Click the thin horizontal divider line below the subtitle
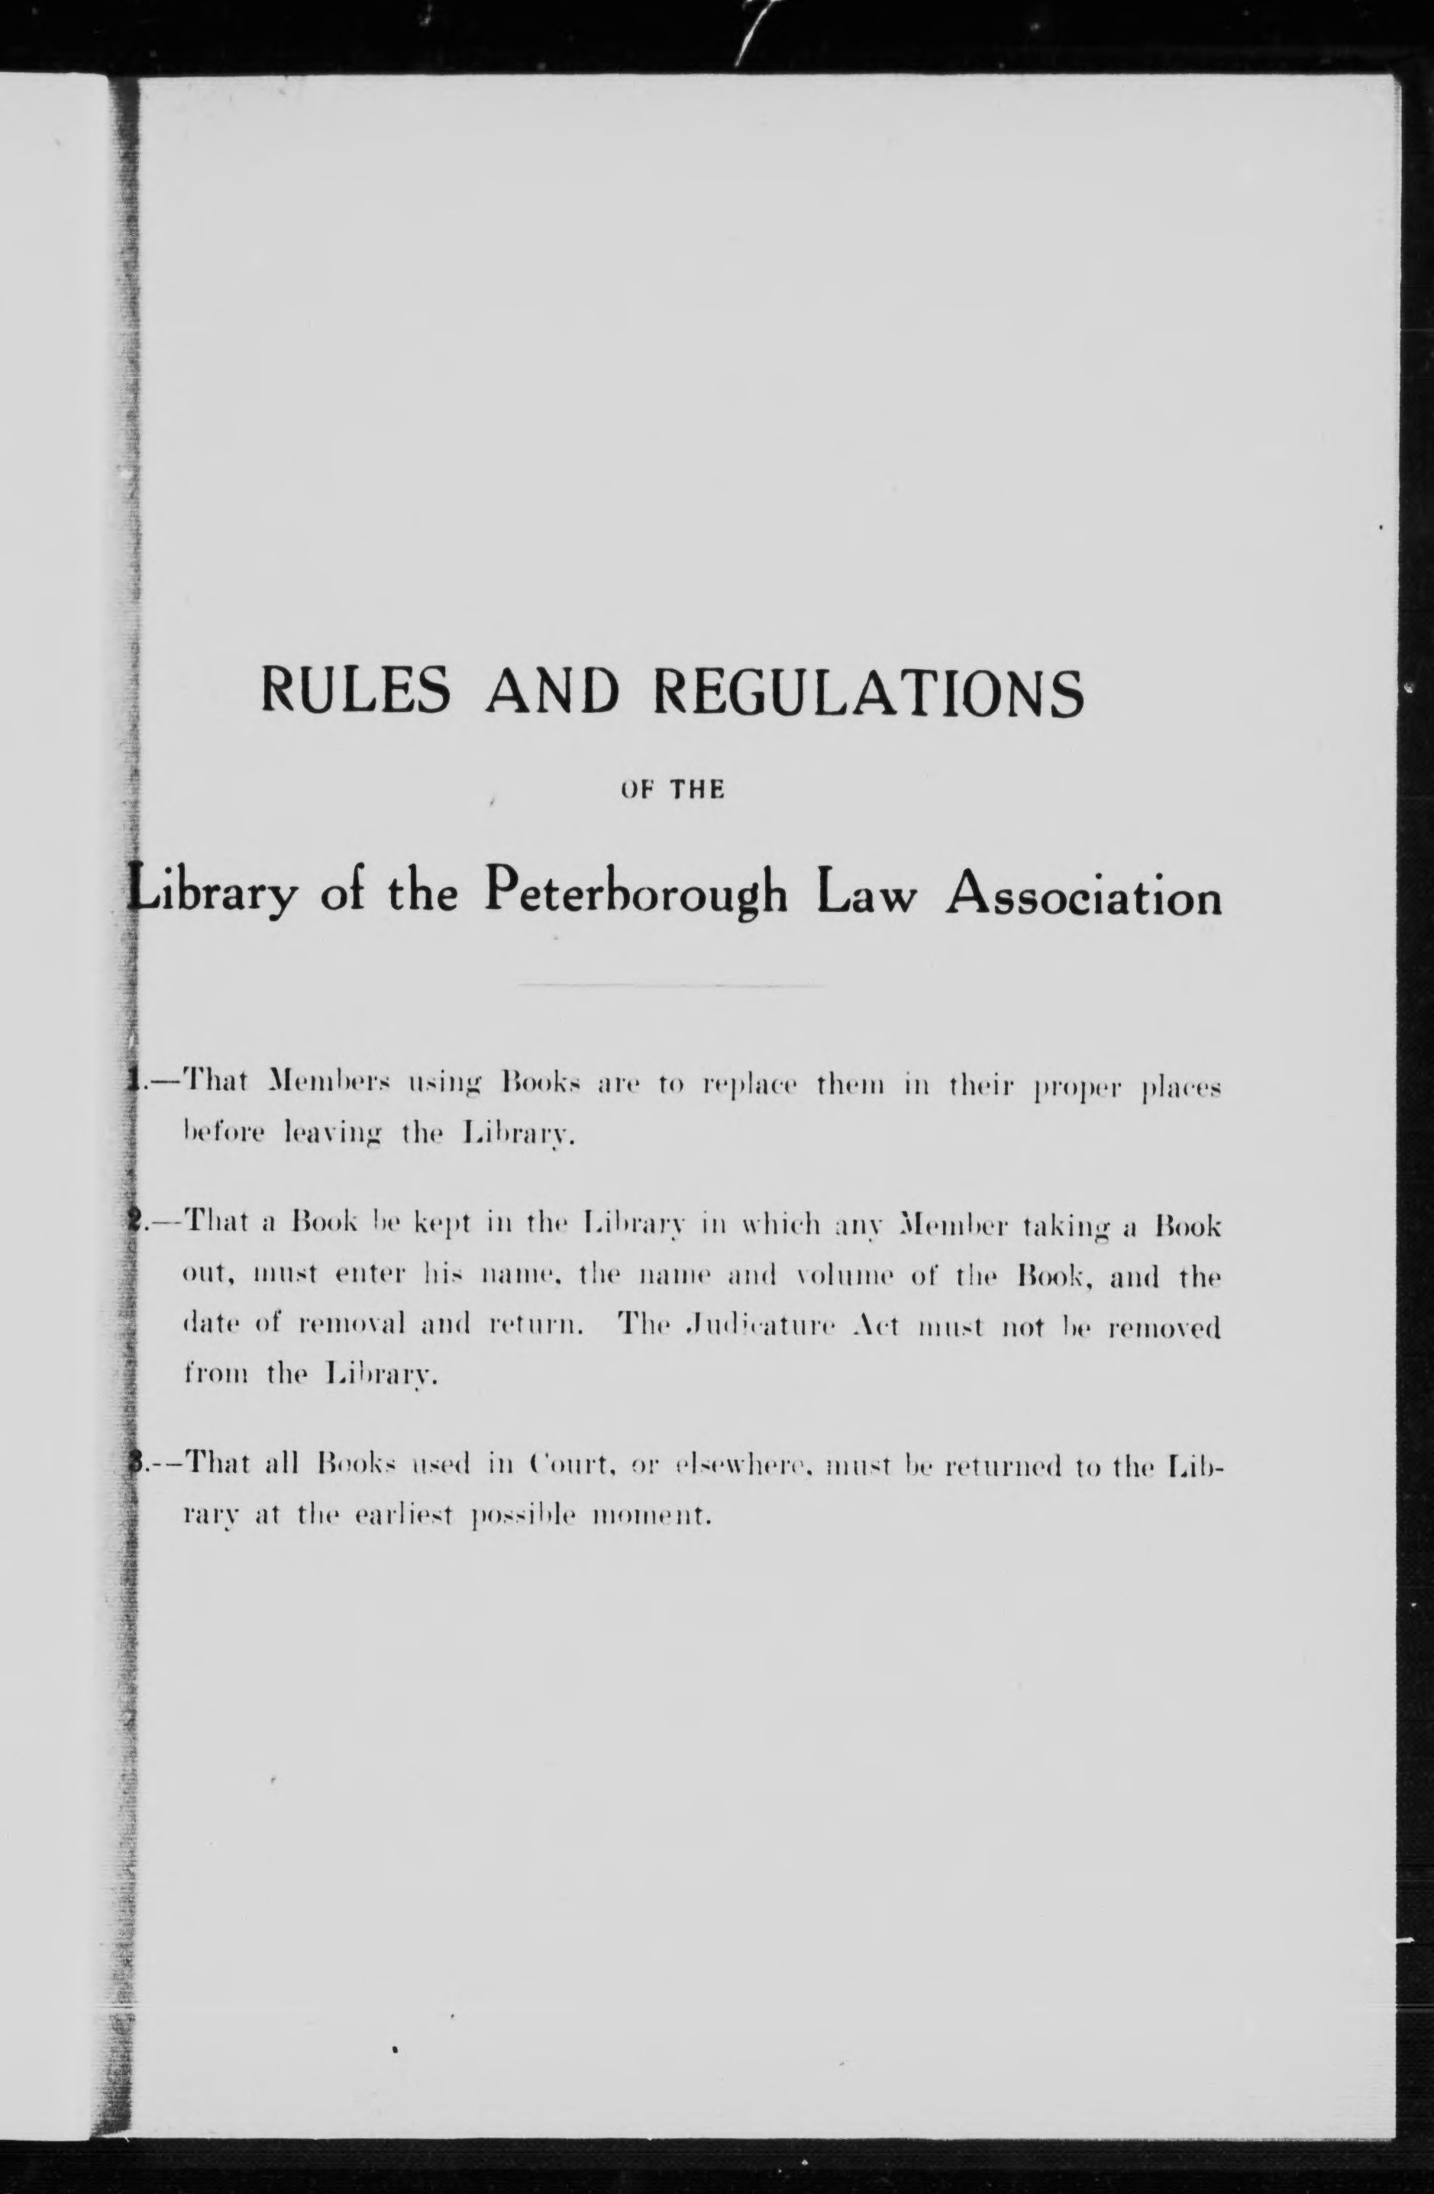pos(671,987)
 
